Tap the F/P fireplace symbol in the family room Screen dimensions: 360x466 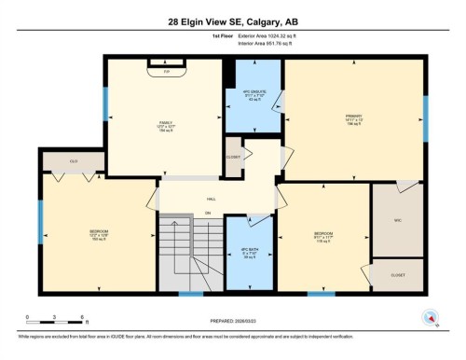tap(167, 69)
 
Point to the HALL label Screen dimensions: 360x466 tap(212, 199)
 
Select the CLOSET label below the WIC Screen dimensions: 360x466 tap(398, 276)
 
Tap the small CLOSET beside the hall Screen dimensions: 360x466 tap(233, 157)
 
